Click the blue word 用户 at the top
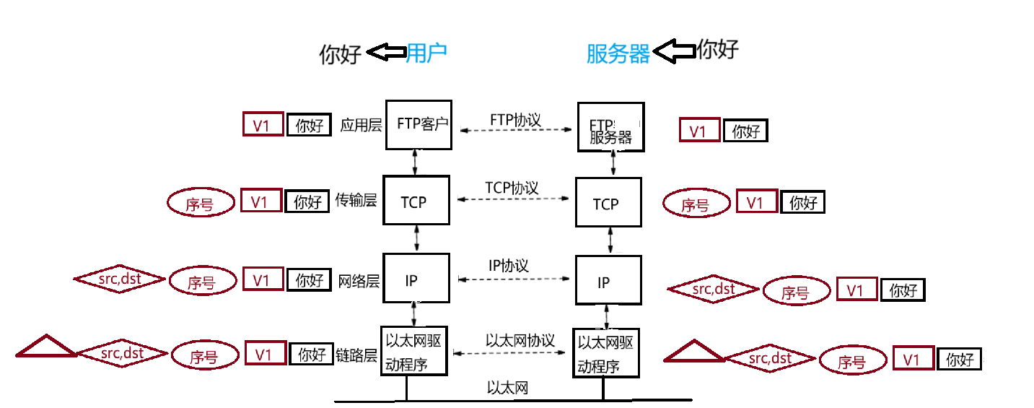click(x=427, y=53)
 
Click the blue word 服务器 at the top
click(x=618, y=53)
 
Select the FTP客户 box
click(x=419, y=124)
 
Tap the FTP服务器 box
click(x=611, y=127)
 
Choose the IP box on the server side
click(x=608, y=279)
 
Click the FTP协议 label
click(x=515, y=119)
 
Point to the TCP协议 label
click(x=512, y=188)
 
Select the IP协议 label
click(x=509, y=265)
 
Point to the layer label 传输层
click(x=356, y=200)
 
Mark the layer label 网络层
click(x=359, y=280)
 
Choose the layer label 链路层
click(x=356, y=355)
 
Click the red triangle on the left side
click(x=46, y=347)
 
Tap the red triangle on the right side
click(x=693, y=352)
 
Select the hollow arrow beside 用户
click(x=386, y=52)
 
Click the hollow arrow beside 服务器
click(x=674, y=51)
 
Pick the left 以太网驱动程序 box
click(x=414, y=351)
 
